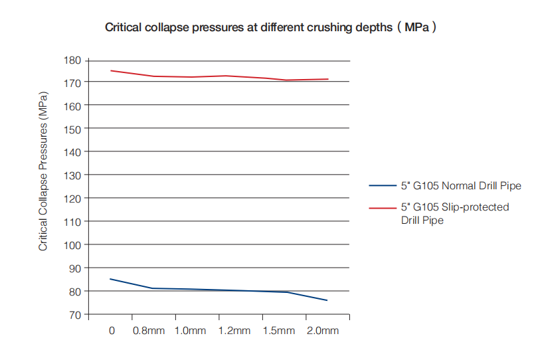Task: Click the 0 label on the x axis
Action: tap(112, 331)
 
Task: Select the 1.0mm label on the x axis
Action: tap(190, 331)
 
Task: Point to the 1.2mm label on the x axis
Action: tap(234, 331)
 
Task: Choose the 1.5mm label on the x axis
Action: tap(278, 331)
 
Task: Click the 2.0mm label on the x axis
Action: tap(321, 331)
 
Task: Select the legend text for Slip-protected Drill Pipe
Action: tap(455, 213)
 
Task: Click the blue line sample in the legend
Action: tap(383, 186)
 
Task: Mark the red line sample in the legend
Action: tap(383, 207)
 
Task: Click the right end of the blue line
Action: tap(327, 300)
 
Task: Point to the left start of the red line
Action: tap(110, 70)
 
